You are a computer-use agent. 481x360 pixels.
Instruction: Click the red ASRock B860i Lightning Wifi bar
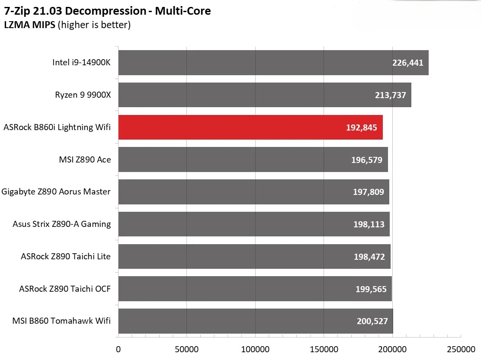250,127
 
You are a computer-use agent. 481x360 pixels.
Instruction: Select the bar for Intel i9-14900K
273,63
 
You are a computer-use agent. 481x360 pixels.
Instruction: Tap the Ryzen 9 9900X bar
264,95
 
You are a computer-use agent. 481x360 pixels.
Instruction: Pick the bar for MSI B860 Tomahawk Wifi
255,321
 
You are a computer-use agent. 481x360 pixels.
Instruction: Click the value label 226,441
407,63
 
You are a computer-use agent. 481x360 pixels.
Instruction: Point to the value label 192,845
361,127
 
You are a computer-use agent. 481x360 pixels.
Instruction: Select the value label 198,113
369,224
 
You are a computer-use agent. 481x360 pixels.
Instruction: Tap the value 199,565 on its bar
370,289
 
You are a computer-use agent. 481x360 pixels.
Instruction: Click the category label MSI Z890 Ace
85,159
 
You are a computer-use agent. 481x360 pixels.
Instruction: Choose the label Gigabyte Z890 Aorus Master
56,191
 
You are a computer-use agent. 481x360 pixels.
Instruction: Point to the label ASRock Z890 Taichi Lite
66,256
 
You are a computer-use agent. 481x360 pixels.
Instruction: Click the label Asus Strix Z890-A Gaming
62,224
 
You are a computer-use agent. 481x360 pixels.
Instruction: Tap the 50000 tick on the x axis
186,349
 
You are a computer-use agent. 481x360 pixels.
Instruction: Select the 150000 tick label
324,349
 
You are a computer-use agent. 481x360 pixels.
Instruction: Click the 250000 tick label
461,349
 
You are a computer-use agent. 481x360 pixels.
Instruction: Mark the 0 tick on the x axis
118,349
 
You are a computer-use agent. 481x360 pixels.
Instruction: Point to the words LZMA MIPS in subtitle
29,25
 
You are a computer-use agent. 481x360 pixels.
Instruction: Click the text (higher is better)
94,25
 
